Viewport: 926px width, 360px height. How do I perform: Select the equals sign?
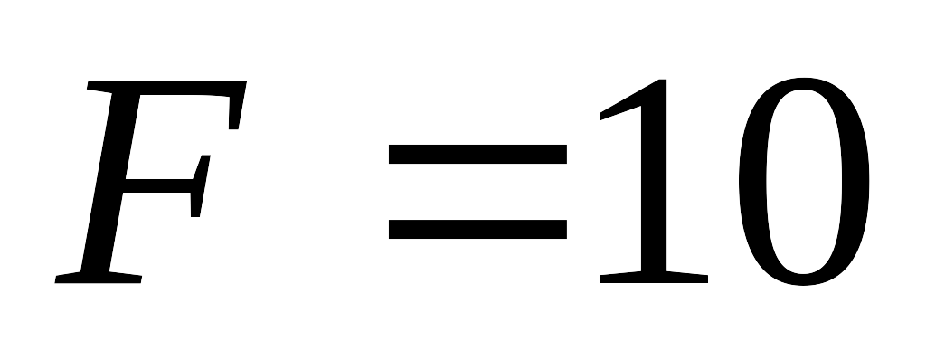tap(477, 192)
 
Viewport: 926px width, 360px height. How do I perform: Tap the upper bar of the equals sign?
tap(477, 154)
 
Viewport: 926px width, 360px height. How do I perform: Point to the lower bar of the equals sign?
tap(477, 230)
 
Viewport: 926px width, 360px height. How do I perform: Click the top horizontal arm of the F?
tap(165, 88)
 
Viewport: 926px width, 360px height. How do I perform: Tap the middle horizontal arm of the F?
tap(158, 185)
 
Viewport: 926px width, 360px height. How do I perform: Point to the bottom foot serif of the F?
tap(98, 278)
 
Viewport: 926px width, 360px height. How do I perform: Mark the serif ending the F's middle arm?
tap(200, 185)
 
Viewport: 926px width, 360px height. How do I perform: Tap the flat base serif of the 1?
tap(654, 278)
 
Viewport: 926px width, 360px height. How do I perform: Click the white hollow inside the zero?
tap(804, 182)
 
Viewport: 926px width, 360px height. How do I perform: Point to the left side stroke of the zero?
tap(751, 182)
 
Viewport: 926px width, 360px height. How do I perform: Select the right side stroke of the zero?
tap(855, 182)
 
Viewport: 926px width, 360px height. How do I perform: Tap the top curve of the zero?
tap(804, 83)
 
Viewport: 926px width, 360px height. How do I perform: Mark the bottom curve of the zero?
tap(804, 280)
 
